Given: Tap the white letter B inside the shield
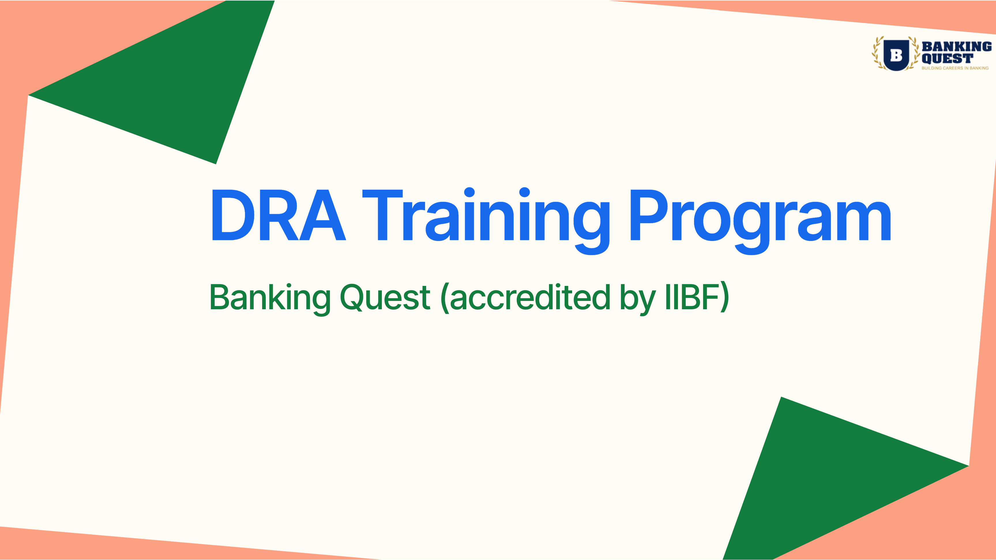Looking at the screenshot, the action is click(x=896, y=55).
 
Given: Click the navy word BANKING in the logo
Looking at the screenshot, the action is click(x=957, y=46).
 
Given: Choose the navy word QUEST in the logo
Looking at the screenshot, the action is click(x=947, y=58).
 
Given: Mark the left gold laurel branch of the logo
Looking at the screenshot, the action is click(x=878, y=54).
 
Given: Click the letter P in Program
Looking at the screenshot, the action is click(x=650, y=215).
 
